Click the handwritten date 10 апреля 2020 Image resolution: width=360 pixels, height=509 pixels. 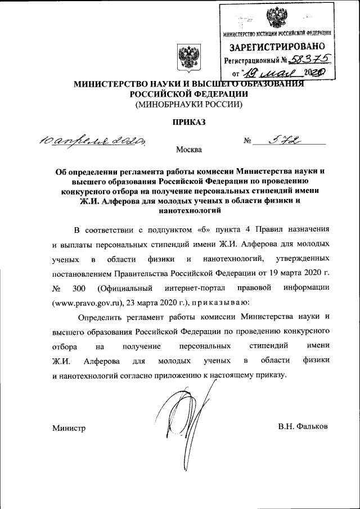pos(93,140)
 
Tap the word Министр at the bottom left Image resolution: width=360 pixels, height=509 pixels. pos(69,429)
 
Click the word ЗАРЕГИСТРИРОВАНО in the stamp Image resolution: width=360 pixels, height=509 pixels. pos(278,47)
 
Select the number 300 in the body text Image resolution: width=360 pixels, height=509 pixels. pos(80,289)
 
